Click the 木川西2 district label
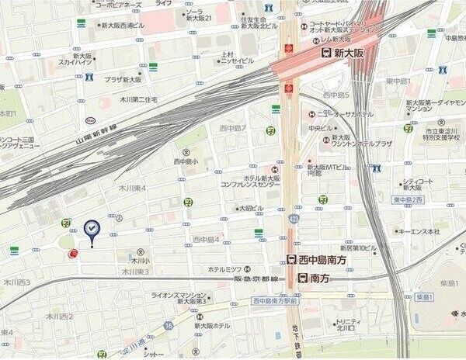coord(59,317)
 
